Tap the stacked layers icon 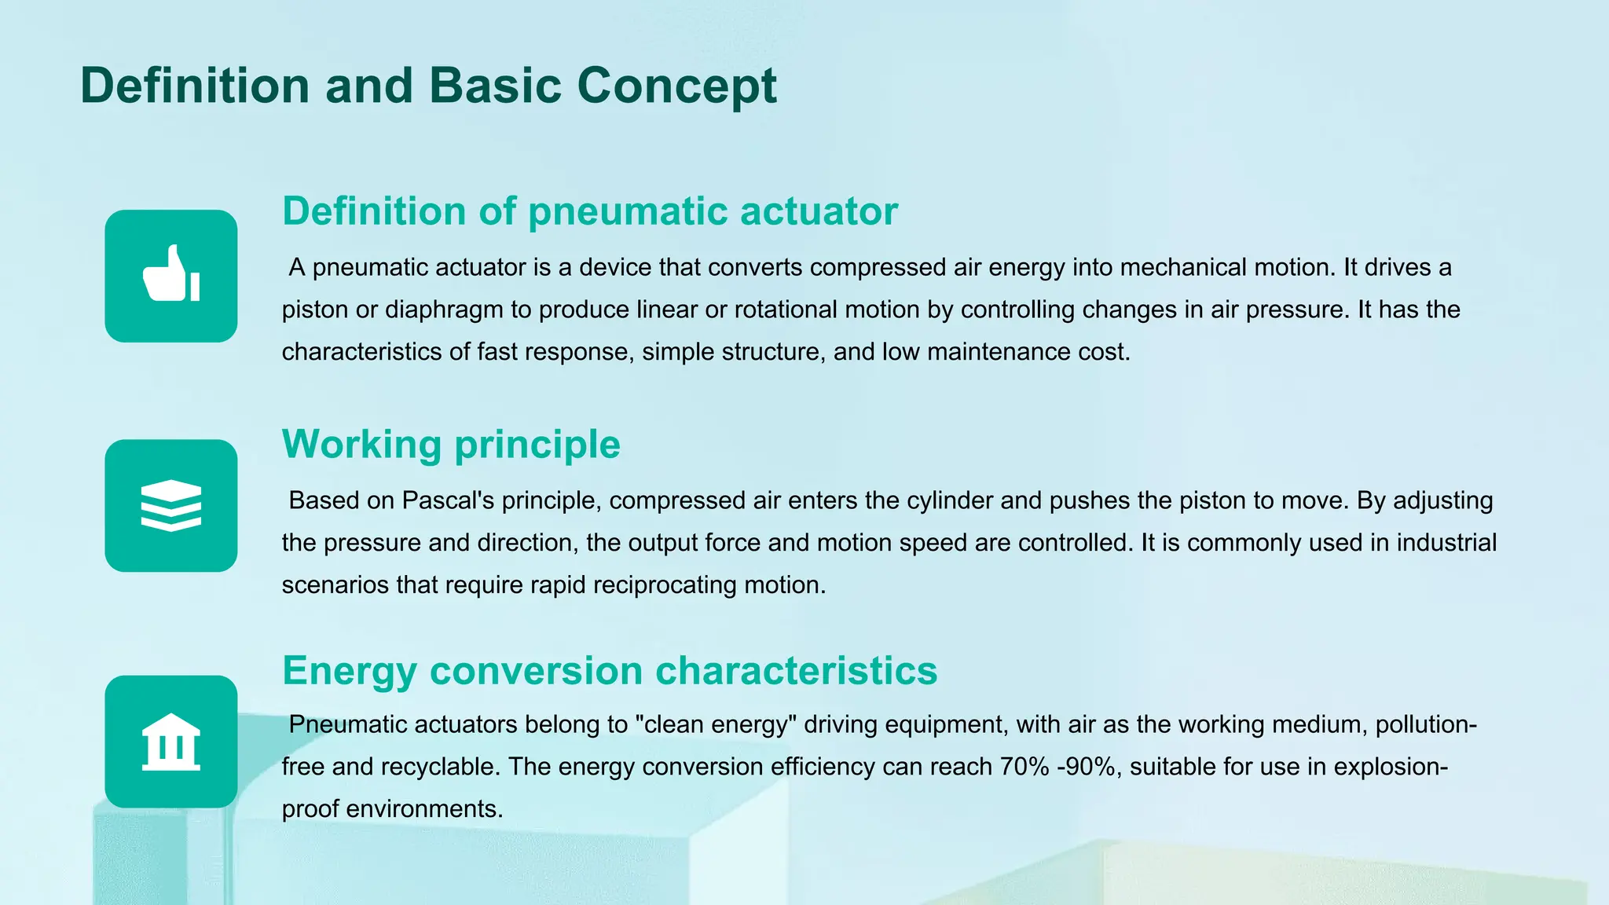tap(171, 505)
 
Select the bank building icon tap(171, 742)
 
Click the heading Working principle tap(451, 445)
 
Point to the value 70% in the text tap(1024, 767)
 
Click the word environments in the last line tap(424, 809)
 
